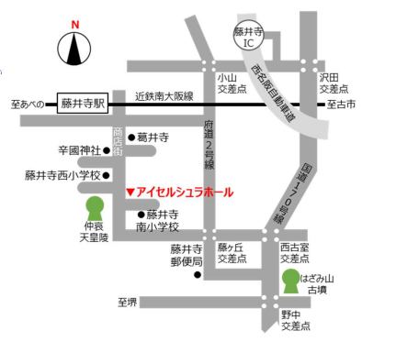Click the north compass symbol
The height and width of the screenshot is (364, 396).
tap(76, 47)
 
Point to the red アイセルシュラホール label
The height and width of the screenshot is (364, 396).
tap(185, 193)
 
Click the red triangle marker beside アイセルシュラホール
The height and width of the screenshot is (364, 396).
tap(130, 193)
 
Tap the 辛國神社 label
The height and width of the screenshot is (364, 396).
tap(79, 149)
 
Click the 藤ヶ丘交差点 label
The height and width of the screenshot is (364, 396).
tap(232, 254)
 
